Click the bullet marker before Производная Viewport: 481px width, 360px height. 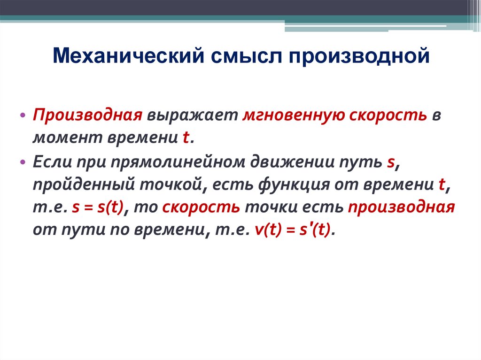(x=23, y=116)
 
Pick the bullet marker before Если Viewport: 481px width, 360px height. (x=23, y=161)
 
